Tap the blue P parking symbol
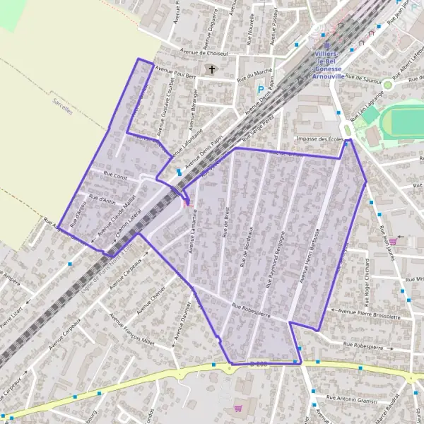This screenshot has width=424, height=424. point(261,90)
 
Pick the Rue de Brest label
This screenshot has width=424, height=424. point(225,225)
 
